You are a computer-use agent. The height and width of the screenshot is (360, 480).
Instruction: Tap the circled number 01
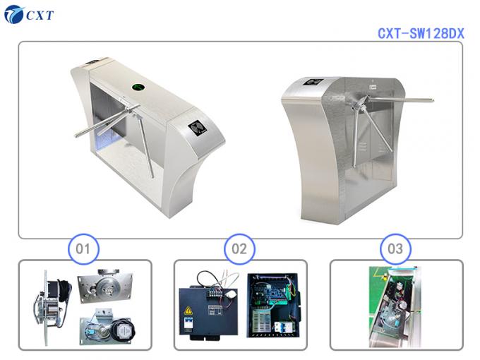pyautogui.click(x=83, y=248)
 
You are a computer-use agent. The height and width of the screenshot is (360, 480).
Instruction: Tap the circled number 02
pyautogui.click(x=239, y=248)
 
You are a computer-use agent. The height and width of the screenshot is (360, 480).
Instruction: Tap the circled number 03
pyautogui.click(x=395, y=248)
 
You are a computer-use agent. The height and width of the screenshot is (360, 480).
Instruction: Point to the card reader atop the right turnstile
pyautogui.click(x=313, y=83)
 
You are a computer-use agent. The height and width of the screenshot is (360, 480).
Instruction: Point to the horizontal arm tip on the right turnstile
pyautogui.click(x=431, y=100)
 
